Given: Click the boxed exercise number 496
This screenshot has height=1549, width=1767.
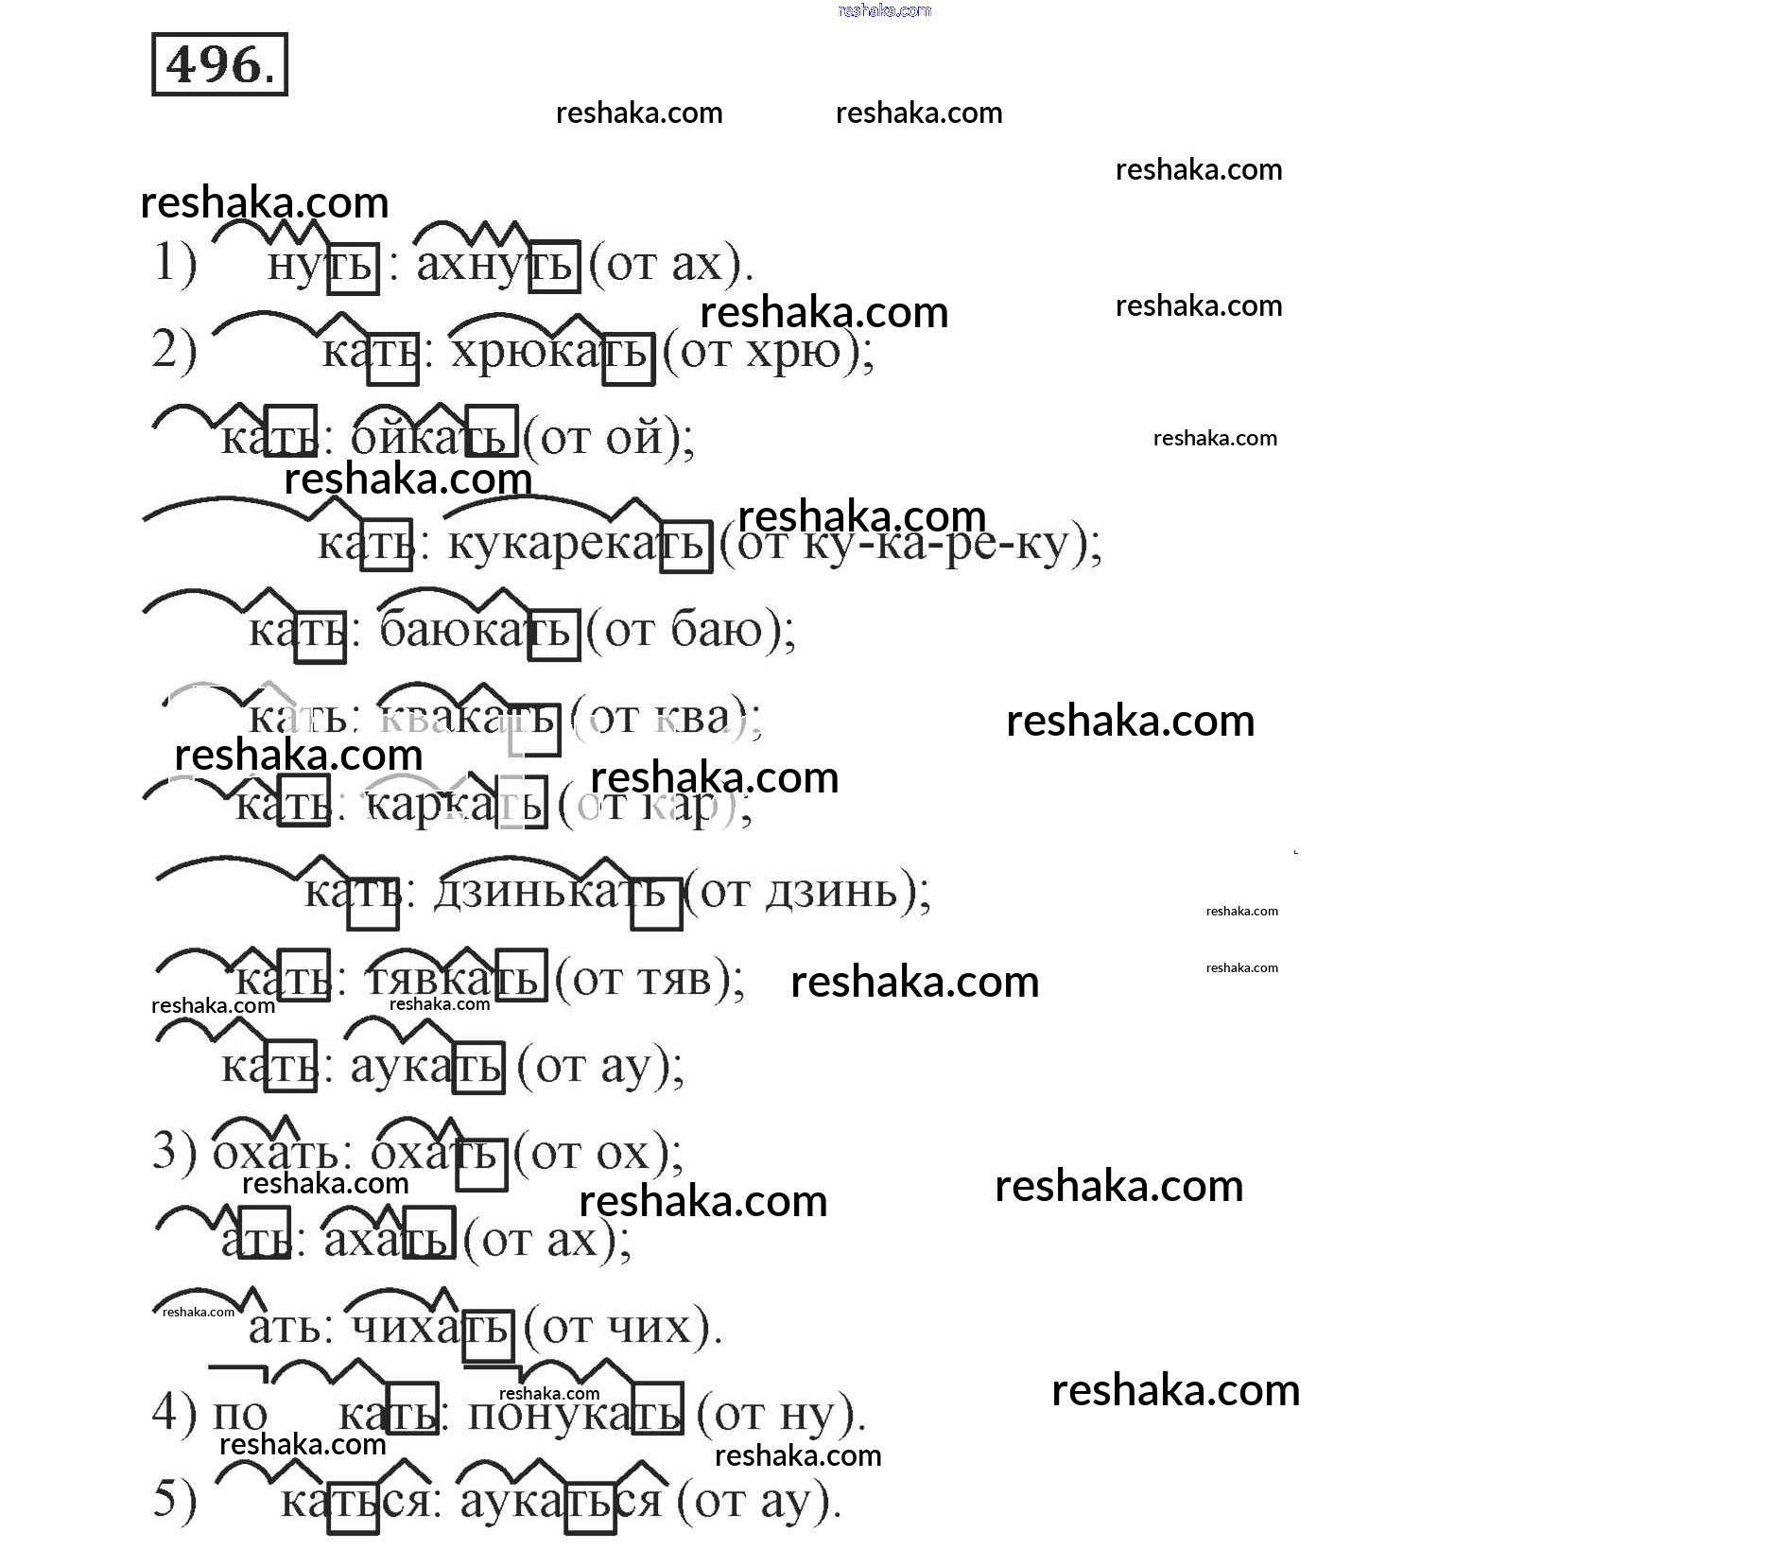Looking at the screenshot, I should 219,65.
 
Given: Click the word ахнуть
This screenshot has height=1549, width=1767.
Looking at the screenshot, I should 495,264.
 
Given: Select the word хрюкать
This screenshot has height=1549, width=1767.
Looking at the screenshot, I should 550,353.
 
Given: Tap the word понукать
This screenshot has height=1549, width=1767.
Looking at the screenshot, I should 574,1414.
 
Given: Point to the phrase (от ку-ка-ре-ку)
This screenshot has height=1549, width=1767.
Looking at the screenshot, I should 909,544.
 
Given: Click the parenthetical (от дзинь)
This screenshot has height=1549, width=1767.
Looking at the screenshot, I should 806,892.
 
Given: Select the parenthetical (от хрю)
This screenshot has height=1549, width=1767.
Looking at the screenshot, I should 768,353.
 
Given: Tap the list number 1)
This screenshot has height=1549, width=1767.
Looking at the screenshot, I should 175,262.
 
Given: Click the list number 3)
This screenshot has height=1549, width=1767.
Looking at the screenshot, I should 175,1151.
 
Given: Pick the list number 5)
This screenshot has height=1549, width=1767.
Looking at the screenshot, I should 175,1499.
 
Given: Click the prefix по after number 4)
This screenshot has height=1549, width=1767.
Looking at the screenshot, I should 240,1414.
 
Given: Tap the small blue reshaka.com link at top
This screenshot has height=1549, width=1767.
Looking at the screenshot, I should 884,10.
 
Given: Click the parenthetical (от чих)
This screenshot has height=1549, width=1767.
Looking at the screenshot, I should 622,1327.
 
